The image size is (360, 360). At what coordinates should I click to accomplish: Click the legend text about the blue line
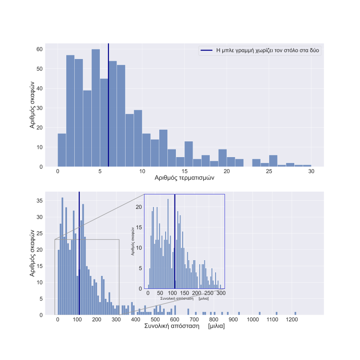click(x=268, y=50)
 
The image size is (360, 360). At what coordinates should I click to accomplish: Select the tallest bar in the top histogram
click(x=95, y=108)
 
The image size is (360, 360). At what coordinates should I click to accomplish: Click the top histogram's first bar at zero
click(x=62, y=150)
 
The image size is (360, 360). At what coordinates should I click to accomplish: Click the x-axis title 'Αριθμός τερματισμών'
click(x=184, y=178)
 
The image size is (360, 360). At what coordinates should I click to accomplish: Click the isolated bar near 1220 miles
click(x=295, y=313)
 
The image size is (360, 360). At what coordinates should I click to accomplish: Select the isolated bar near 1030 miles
click(x=260, y=313)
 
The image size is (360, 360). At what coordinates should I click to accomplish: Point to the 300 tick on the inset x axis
click(x=221, y=293)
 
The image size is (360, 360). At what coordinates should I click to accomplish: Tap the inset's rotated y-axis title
click(x=133, y=241)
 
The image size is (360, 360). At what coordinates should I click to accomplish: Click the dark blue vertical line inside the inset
click(x=175, y=243)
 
